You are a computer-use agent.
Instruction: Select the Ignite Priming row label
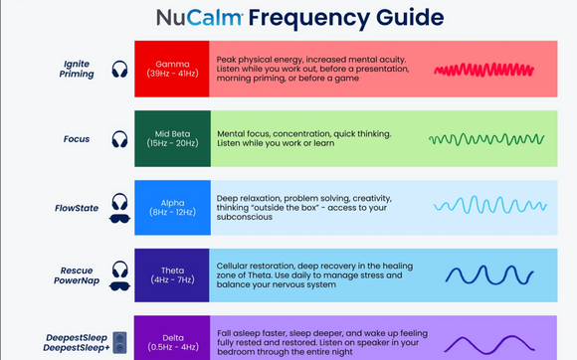click(x=76, y=69)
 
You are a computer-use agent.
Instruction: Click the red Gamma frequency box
click(x=171, y=69)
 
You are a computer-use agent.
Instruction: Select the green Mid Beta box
click(x=171, y=138)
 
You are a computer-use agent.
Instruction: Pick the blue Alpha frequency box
click(x=171, y=207)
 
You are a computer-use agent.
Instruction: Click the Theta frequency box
click(x=171, y=274)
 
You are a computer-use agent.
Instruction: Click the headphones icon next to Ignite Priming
click(x=120, y=70)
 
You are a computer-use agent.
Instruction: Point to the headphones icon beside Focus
click(x=120, y=139)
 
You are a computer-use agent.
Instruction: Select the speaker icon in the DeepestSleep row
click(x=119, y=343)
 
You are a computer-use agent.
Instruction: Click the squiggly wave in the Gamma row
click(x=477, y=70)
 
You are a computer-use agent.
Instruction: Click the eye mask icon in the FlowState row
click(x=119, y=218)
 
